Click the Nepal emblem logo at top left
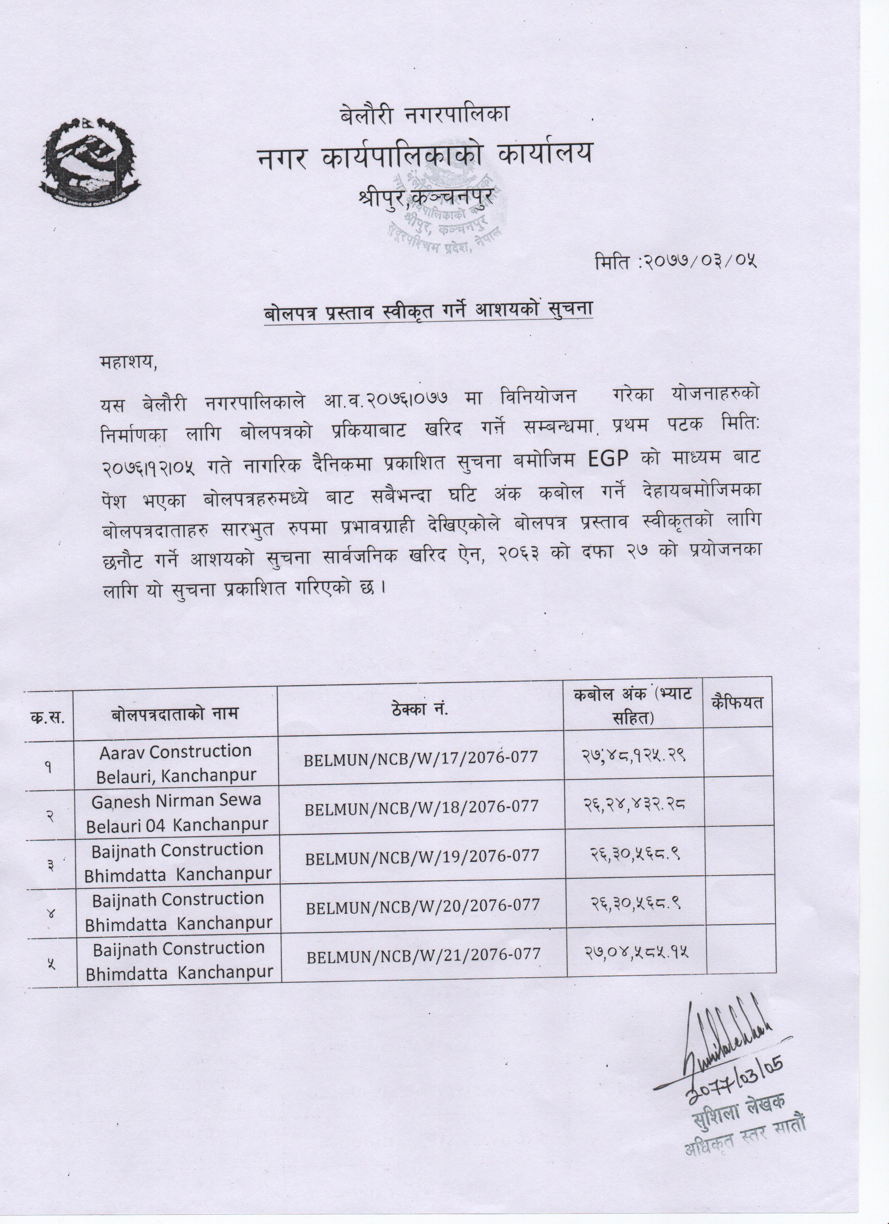90,160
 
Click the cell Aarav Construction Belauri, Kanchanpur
175,763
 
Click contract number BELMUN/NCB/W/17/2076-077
421,757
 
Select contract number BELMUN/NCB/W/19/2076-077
422,856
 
